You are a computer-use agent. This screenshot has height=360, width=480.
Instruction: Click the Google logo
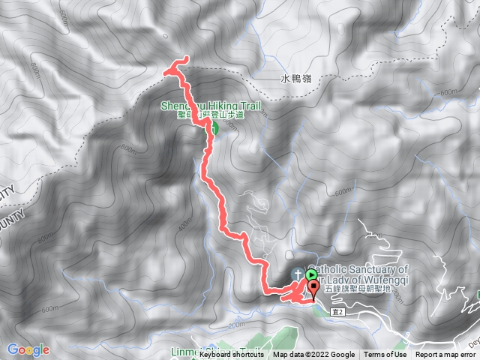tap(28, 349)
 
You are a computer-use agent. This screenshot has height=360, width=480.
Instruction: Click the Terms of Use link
tap(385, 355)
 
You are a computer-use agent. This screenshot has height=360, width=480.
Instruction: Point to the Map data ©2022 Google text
tap(313, 355)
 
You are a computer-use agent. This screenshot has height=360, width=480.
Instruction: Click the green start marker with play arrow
tap(311, 275)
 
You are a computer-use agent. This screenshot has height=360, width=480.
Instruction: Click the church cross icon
tap(298, 274)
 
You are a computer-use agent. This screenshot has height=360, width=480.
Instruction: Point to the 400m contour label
tap(184, 224)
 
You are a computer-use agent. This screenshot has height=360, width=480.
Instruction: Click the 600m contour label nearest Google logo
tap(49, 310)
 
